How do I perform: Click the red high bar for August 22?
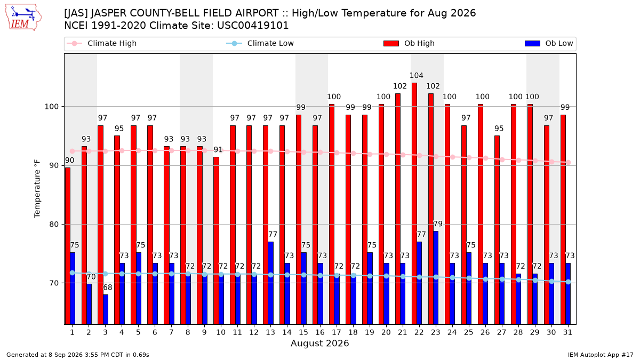(414, 204)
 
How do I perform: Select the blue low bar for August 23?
(436, 278)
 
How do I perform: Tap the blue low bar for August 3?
(106, 309)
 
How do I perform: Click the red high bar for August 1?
(67, 246)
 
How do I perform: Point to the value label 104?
(417, 75)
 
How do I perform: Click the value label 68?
(107, 287)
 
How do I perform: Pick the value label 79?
(438, 223)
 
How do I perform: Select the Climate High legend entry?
(102, 43)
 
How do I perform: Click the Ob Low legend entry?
(549, 43)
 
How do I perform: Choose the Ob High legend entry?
(409, 43)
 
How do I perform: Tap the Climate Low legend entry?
(260, 43)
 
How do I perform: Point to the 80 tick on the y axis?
(53, 225)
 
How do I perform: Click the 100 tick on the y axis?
(51, 107)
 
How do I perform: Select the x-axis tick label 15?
(303, 332)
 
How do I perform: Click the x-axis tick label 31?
(567, 332)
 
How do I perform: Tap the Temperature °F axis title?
(37, 189)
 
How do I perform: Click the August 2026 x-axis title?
(319, 343)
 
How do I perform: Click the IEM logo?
(23, 18)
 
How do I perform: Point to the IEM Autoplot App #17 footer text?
(601, 355)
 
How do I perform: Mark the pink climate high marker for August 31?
(569, 162)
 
